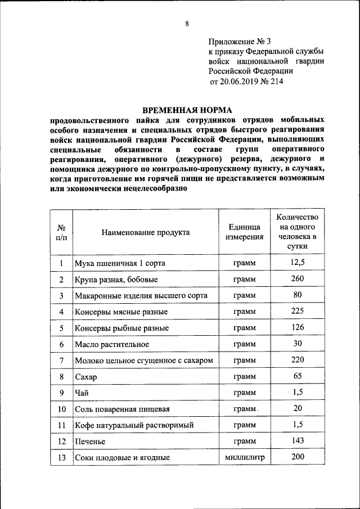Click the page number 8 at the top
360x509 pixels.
[187, 24]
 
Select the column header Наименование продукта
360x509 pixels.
[146, 232]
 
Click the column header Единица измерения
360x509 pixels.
[245, 232]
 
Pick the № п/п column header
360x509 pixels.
[61, 232]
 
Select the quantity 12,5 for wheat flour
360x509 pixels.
[298, 262]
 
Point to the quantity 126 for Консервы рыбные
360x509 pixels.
[298, 327]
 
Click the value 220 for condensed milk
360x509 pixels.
[298, 359]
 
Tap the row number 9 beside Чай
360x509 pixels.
[61, 393]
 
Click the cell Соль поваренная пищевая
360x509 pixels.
[122, 409]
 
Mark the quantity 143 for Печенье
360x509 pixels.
[298, 440]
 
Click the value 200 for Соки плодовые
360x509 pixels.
[298, 457]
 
